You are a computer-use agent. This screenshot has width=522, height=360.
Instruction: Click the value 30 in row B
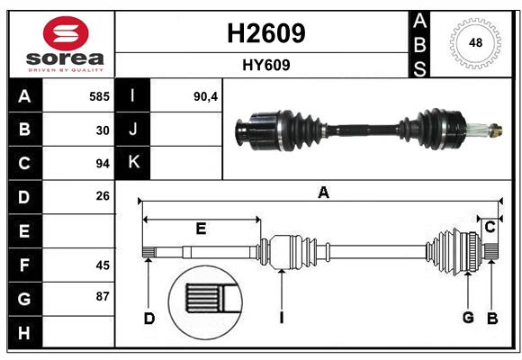(x=103, y=130)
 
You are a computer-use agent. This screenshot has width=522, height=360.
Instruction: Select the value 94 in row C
(x=103, y=164)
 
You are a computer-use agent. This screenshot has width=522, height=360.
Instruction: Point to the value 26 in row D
(x=103, y=197)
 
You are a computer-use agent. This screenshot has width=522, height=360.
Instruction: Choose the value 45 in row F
(x=103, y=265)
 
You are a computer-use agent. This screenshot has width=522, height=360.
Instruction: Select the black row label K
(x=133, y=163)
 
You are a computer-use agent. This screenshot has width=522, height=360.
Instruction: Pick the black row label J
(x=133, y=130)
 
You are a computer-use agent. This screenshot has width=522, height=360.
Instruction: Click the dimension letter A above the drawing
(x=323, y=192)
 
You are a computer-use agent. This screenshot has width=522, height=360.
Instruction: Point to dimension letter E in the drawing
(x=201, y=229)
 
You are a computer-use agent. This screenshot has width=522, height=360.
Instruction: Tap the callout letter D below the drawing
(x=149, y=318)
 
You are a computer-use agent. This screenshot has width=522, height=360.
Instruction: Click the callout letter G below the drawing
(x=468, y=318)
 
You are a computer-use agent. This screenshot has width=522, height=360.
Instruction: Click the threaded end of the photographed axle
(x=493, y=132)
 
